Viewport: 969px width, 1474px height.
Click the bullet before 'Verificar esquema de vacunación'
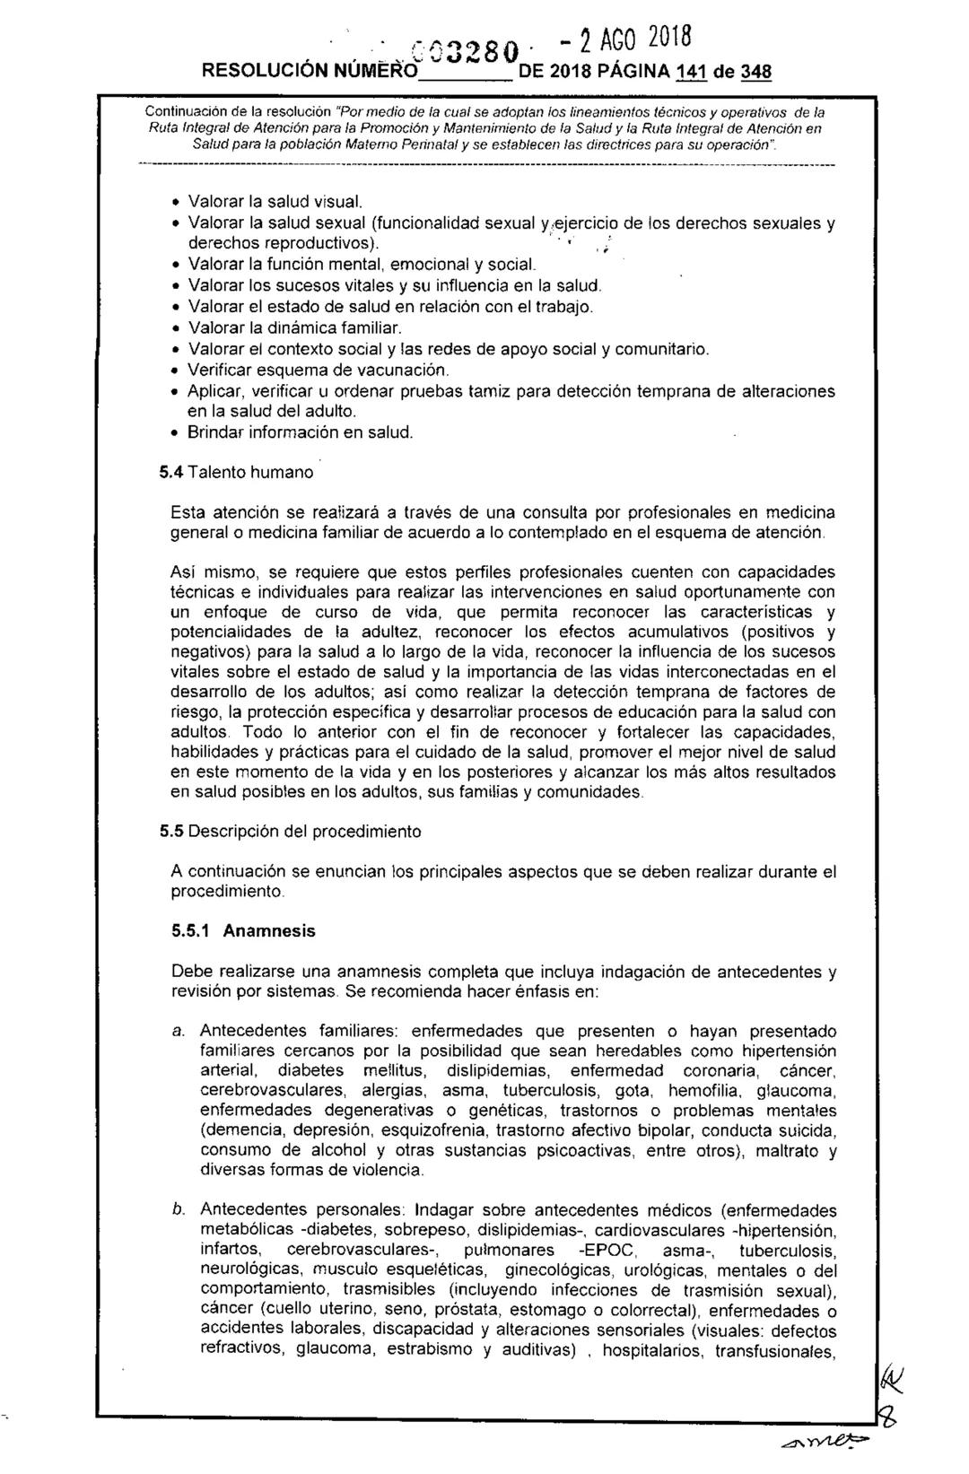(175, 371)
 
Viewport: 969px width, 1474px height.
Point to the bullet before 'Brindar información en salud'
(175, 432)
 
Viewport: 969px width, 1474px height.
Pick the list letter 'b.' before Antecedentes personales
(179, 1210)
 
